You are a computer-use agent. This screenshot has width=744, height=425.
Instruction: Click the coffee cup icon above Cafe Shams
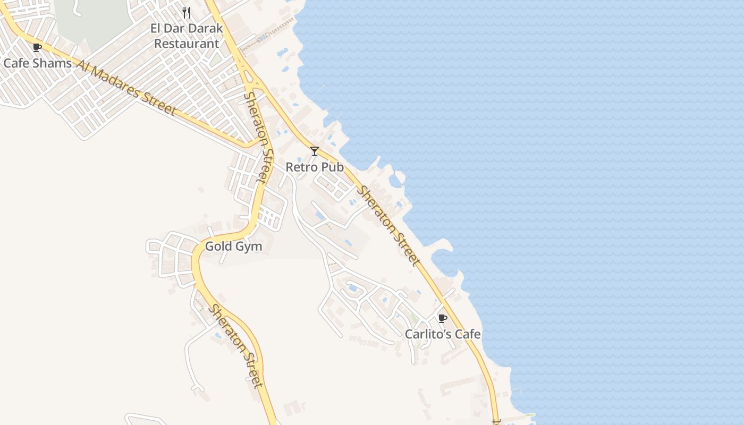tap(37, 47)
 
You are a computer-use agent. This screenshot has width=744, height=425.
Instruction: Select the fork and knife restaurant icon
tap(187, 12)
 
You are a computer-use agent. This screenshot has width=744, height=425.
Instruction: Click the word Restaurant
tap(187, 44)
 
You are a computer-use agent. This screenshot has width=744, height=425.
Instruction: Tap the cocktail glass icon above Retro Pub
tap(315, 151)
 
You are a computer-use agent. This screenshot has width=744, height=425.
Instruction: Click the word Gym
tap(249, 247)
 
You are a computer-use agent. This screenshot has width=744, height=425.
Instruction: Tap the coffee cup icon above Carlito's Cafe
tap(442, 318)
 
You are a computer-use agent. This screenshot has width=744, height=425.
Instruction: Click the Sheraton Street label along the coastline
tap(389, 225)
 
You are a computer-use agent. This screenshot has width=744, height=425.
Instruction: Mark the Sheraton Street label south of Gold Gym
tap(236, 346)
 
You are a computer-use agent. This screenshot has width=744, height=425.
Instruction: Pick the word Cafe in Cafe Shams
tap(15, 63)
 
